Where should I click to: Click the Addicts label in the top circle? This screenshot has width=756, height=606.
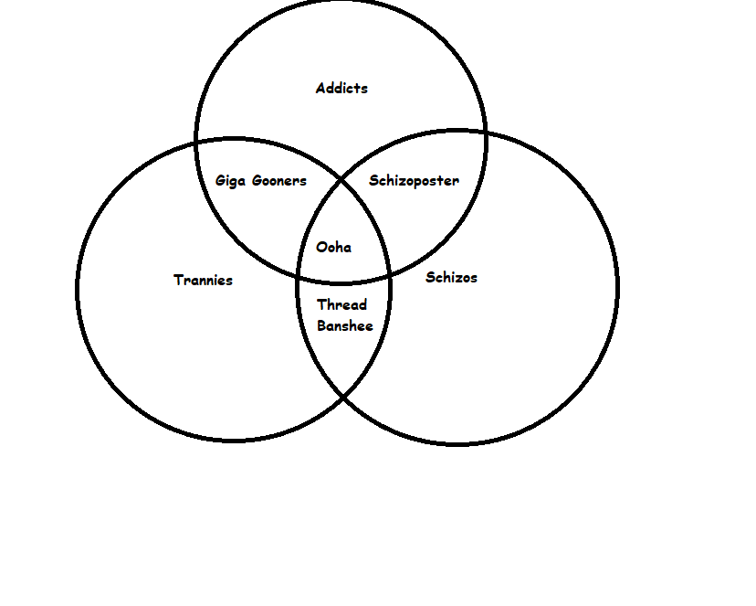[341, 89]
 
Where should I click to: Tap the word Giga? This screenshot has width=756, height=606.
[230, 181]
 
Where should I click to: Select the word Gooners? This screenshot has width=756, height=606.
[279, 181]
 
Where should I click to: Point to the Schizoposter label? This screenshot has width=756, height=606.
[415, 181]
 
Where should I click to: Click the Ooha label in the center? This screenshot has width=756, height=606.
[333, 248]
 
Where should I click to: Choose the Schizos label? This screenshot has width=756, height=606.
[452, 278]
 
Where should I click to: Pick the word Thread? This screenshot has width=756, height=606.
[341, 304]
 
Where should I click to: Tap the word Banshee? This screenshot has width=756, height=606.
[345, 325]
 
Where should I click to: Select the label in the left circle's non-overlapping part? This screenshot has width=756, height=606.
[203, 281]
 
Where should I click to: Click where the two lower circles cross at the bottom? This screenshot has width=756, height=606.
[342, 397]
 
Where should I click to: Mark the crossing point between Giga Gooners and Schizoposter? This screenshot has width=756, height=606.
[341, 180]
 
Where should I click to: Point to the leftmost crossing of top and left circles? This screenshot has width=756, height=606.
[196, 143]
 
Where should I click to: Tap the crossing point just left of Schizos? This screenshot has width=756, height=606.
[389, 276]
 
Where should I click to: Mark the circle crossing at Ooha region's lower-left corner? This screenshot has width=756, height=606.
[299, 278]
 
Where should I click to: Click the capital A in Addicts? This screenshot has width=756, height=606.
[321, 89]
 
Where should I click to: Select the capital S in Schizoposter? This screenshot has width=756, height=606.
[373, 180]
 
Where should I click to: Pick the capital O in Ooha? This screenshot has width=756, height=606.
[321, 248]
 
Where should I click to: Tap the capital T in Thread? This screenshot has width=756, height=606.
[322, 304]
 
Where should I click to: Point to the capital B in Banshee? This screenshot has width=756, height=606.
[321, 325]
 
